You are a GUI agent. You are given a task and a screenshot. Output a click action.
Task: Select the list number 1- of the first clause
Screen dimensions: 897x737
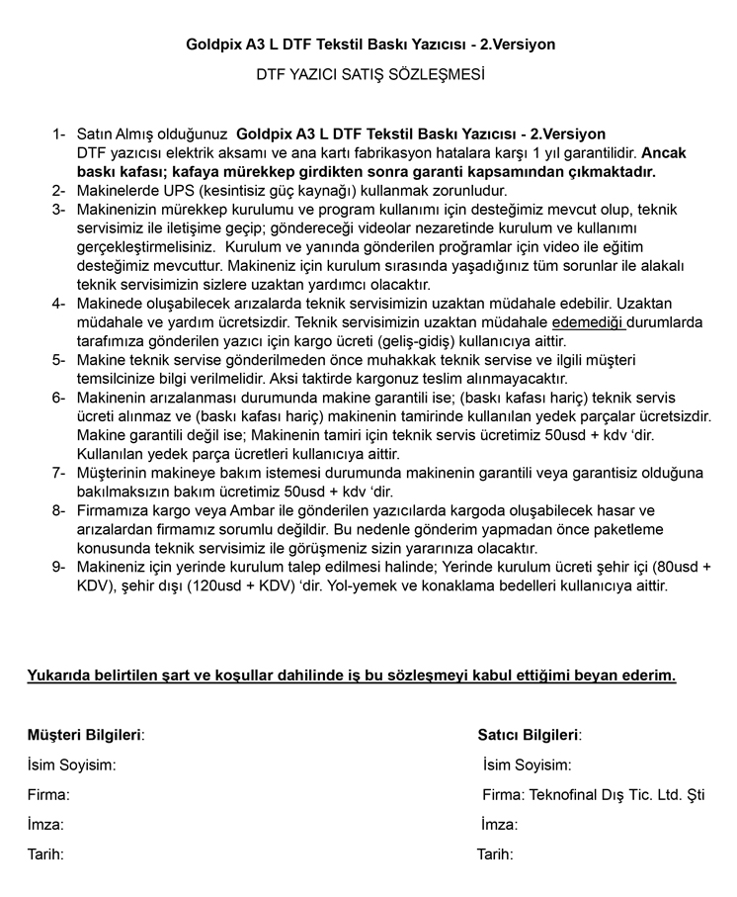click(59, 134)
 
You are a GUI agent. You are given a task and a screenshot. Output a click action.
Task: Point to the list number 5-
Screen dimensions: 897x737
click(59, 359)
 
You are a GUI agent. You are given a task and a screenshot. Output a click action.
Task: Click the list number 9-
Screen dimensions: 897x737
click(59, 567)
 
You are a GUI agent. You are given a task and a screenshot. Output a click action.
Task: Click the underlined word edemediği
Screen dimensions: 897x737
click(589, 321)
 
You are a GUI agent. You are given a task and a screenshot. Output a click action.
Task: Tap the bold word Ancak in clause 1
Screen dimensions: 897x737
click(667, 152)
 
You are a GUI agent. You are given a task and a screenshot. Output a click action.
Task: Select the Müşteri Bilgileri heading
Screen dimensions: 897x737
click(85, 735)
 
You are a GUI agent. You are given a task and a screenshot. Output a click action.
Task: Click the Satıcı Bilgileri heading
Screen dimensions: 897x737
click(530, 735)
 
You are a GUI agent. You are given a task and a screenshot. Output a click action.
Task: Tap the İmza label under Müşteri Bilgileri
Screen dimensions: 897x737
click(45, 824)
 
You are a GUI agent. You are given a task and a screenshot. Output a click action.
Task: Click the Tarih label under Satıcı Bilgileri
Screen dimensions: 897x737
click(495, 852)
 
